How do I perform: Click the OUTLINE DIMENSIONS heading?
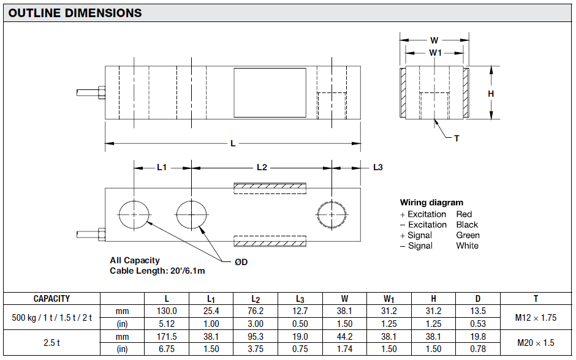[x=75, y=13]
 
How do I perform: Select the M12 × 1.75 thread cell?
[x=536, y=318]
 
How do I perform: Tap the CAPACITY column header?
[x=51, y=299]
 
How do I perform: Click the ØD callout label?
[x=241, y=262]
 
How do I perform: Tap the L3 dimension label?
[x=377, y=167]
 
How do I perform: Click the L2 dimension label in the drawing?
[x=262, y=167]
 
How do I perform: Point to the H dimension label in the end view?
[x=491, y=94]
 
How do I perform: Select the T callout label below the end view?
[x=457, y=138]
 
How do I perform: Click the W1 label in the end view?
[x=435, y=53]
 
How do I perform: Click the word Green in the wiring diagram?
[x=468, y=235]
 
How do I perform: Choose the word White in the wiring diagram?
[x=467, y=246]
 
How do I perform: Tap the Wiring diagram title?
[x=431, y=203]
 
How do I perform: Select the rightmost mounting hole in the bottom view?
[x=332, y=214]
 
